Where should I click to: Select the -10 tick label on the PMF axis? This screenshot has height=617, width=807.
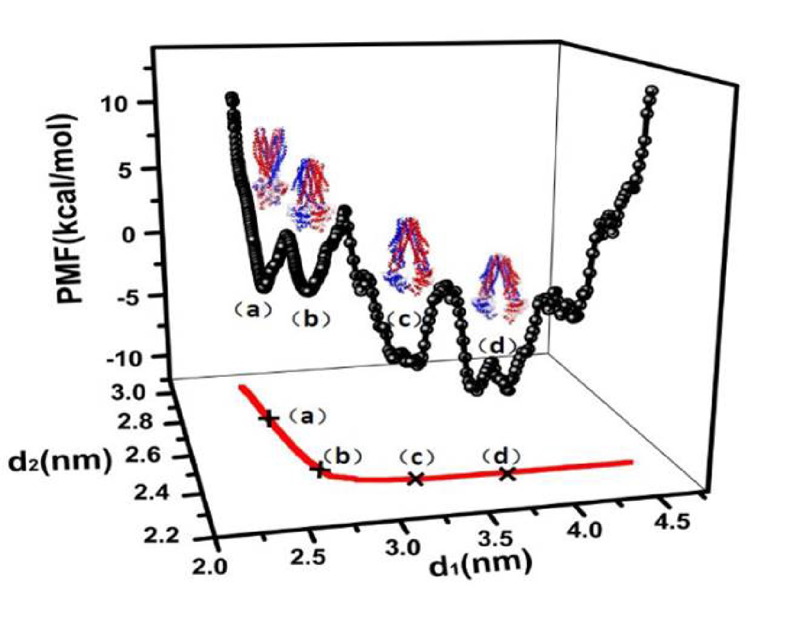pos(123,358)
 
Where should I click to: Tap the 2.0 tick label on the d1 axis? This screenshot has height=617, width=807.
pos(209,567)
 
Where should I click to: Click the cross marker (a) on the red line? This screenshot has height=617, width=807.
pos(269,419)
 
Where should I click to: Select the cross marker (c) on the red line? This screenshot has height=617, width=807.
pos(415,479)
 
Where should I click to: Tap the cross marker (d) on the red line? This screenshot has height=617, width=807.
pos(507,473)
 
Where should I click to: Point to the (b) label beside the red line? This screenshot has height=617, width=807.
pos(342,456)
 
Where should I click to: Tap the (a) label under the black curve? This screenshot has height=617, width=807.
pos(253,311)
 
